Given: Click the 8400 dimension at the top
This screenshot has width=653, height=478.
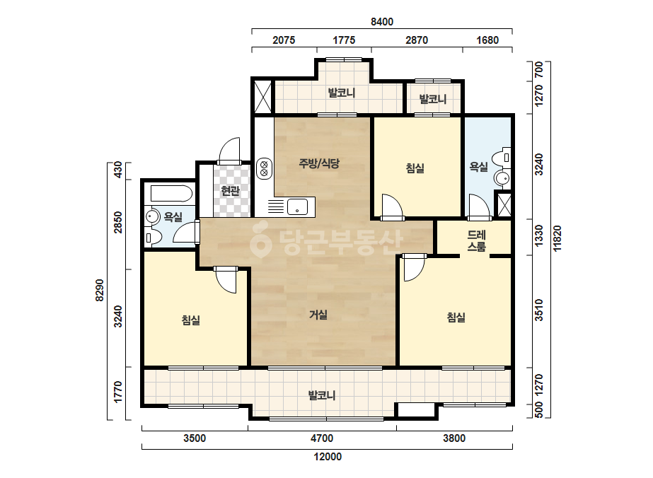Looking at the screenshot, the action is tap(382, 22).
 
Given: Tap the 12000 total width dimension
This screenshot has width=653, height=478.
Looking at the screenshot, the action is tap(328, 457).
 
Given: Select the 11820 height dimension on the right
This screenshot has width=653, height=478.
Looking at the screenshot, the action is tap(557, 238).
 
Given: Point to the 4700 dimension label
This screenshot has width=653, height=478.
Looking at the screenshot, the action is tap(322, 438).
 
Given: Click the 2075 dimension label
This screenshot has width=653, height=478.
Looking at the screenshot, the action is tap(284, 40).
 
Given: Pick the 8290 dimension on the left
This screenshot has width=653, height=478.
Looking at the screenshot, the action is tap(100, 290).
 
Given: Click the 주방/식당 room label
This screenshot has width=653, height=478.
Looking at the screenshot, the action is tap(319, 163).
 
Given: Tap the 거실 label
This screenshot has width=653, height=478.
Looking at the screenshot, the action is tap(318, 315).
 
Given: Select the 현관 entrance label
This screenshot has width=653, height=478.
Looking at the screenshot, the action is tap(231, 191).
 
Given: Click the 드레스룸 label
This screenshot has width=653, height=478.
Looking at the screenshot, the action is tap(476, 241).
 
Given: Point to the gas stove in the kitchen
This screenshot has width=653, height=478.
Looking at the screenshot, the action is tap(264, 168).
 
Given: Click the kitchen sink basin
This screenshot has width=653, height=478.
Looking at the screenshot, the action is tap(297, 207).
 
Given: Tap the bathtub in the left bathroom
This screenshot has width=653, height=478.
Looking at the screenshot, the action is tap(171, 194).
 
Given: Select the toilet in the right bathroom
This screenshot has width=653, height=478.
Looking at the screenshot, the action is tap(502, 158).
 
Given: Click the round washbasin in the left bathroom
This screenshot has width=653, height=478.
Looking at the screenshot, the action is tap(153, 217).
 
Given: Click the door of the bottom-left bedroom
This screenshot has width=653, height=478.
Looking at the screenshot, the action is tap(226, 280).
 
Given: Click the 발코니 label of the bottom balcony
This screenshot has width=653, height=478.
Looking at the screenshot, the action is tap(322, 395).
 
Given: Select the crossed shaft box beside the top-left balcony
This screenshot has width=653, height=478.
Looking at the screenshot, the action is tap(262, 97).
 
